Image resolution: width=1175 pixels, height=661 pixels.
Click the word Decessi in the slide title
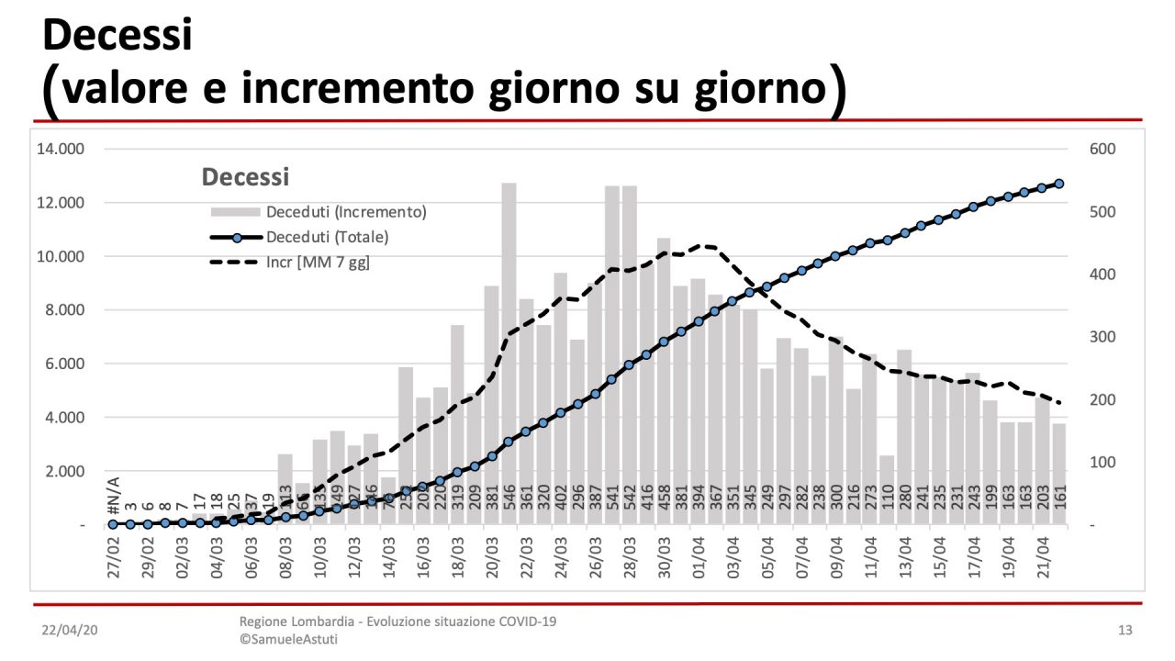tap(117, 36)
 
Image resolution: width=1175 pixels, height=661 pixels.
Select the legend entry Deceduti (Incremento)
tap(346, 212)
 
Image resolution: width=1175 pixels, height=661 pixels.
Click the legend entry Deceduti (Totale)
tap(327, 237)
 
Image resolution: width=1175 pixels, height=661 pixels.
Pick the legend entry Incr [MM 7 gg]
tap(318, 263)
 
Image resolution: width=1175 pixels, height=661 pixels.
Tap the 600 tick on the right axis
tap(1102, 149)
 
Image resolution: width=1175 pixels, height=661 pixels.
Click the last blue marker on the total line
tap(1058, 184)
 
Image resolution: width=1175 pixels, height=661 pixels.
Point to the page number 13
tap(1125, 631)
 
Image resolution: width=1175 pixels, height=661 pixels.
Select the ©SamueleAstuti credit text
tap(287, 639)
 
